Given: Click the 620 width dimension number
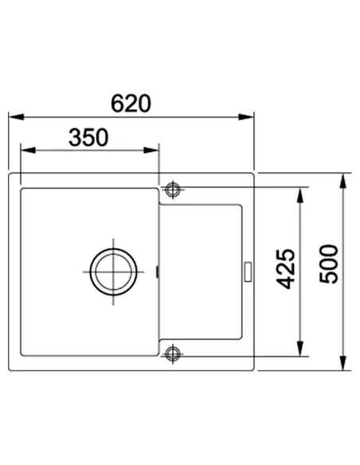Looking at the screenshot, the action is coord(131,104).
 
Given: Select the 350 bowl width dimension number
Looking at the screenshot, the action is coord(88,138).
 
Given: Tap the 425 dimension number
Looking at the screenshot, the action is coord(286,269).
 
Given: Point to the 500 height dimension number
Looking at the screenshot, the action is coord(329,264).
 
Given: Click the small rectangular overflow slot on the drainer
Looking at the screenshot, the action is coord(248,272).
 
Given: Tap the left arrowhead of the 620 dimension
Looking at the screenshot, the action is coord(16,117).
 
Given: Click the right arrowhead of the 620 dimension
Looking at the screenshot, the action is coord(246,117).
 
